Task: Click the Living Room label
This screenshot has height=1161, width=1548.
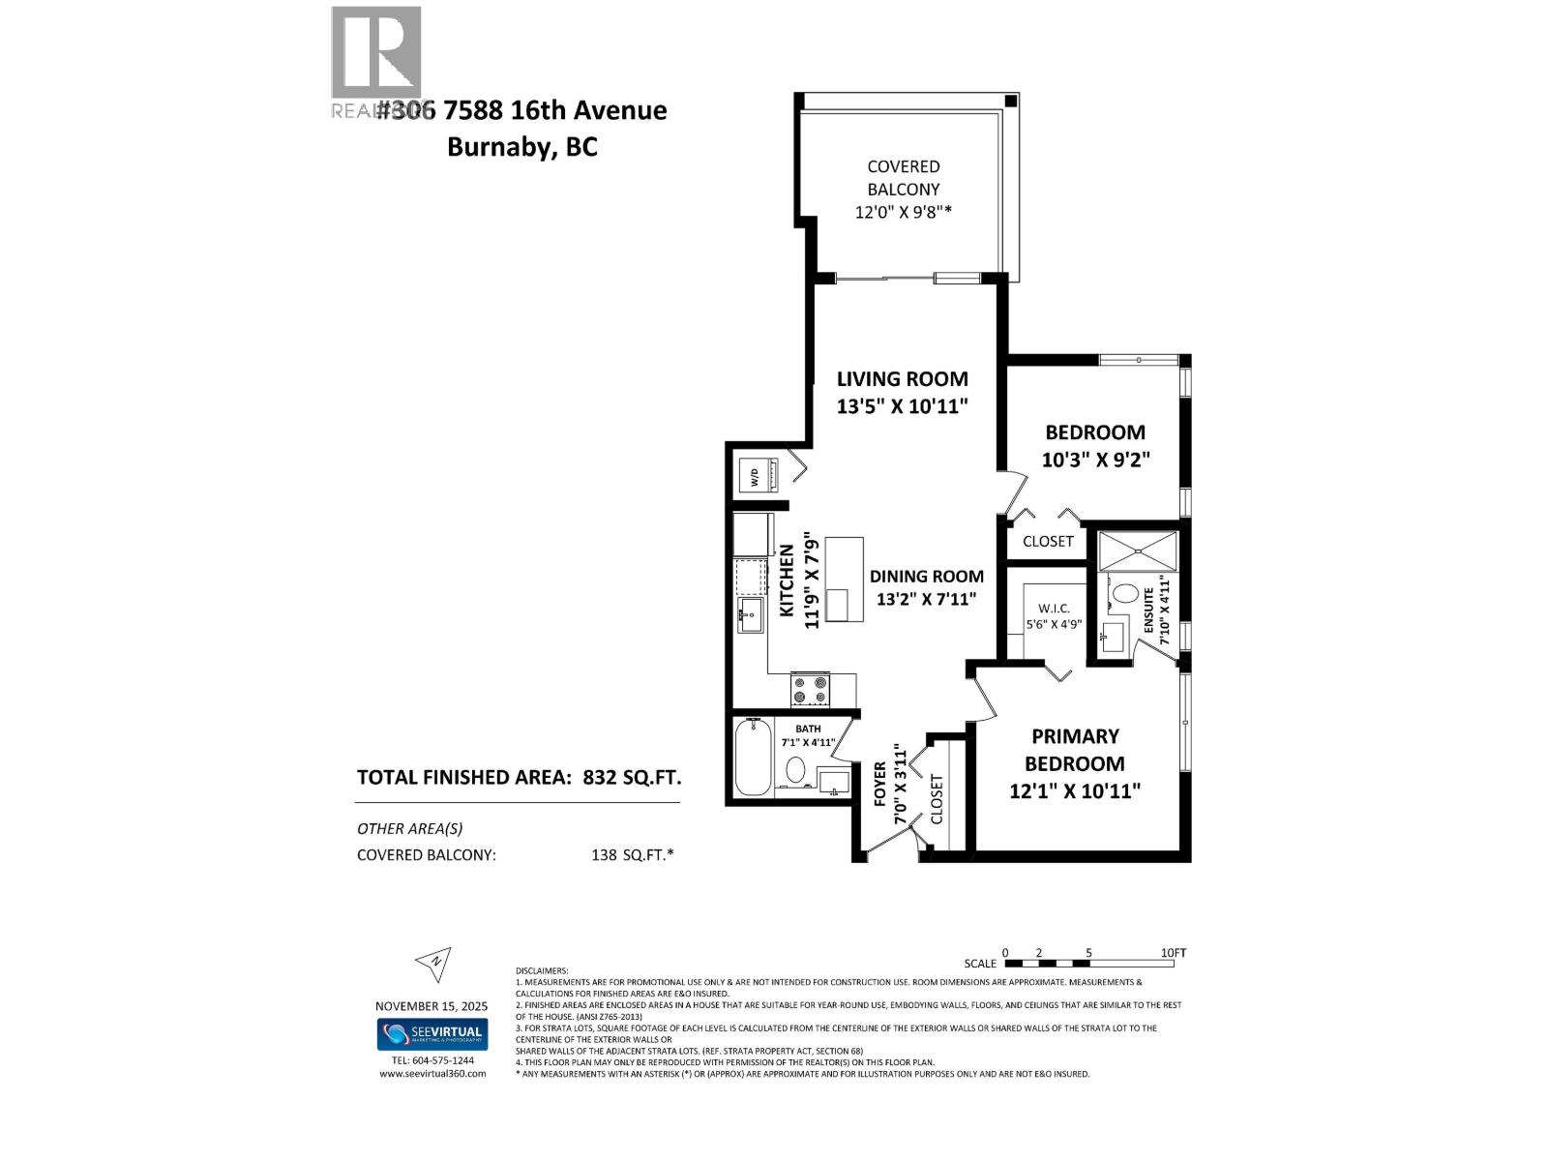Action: click(x=902, y=379)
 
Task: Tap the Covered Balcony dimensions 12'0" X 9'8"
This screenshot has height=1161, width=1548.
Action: click(x=903, y=212)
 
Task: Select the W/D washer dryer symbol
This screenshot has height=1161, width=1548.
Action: click(x=754, y=475)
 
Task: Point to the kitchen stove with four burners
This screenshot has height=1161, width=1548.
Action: click(x=811, y=689)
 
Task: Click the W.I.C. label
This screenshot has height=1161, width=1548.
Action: click(x=1054, y=608)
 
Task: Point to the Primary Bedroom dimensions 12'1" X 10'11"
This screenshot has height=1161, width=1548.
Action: click(x=1075, y=791)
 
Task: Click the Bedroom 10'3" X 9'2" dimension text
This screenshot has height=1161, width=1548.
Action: click(x=1094, y=460)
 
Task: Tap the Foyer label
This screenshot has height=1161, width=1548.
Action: click(x=880, y=784)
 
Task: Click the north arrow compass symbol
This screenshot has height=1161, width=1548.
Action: click(x=433, y=962)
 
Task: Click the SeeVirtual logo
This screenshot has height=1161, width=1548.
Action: click(x=432, y=1033)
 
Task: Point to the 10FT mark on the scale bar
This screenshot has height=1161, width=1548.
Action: click(x=1173, y=953)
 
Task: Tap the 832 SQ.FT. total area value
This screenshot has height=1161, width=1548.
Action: click(x=632, y=777)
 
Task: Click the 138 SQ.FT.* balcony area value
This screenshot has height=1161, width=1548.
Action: click(x=632, y=855)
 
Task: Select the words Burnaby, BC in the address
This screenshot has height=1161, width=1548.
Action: click(x=521, y=147)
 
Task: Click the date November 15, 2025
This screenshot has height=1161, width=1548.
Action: click(x=432, y=1006)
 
